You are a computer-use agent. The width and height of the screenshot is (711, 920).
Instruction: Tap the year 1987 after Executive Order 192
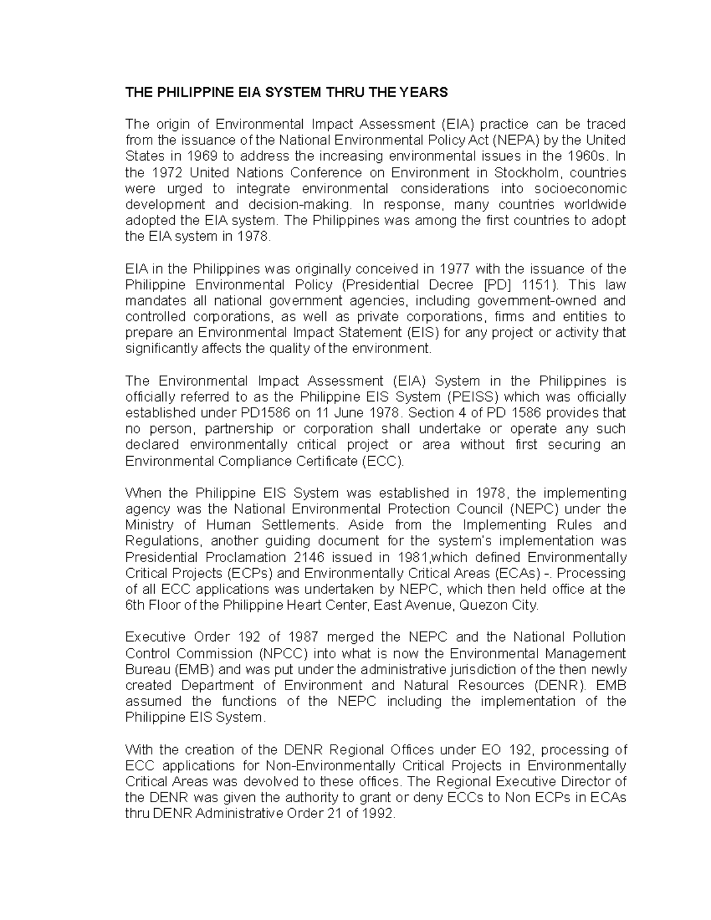pos(303,637)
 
